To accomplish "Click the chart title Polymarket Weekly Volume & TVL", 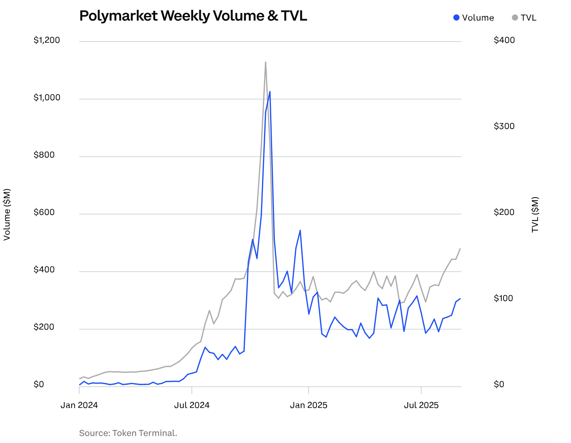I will (x=193, y=16).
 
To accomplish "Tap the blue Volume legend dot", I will (x=456, y=18).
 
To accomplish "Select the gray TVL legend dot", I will (x=515, y=18).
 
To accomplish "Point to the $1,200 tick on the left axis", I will (x=47, y=40).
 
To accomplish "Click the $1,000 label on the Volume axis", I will (x=47, y=98).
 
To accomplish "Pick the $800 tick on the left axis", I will (x=44, y=155).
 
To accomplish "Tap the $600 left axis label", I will (x=44, y=213).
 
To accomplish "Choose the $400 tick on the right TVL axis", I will (x=504, y=40).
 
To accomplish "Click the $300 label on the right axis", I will (x=504, y=126).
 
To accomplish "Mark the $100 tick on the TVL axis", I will (x=504, y=298).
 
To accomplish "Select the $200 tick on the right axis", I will (x=504, y=213).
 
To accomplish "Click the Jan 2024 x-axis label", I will (x=79, y=405).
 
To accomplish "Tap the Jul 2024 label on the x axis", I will (x=192, y=405).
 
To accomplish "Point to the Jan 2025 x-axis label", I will (x=308, y=405).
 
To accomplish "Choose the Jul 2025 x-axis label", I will (x=421, y=405).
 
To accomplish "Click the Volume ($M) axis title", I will (x=7, y=214).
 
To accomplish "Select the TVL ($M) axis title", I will (x=535, y=214).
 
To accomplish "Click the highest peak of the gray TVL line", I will (x=266, y=62).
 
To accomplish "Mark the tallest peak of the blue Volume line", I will (x=270, y=92).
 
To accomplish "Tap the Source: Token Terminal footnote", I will (x=128, y=433).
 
